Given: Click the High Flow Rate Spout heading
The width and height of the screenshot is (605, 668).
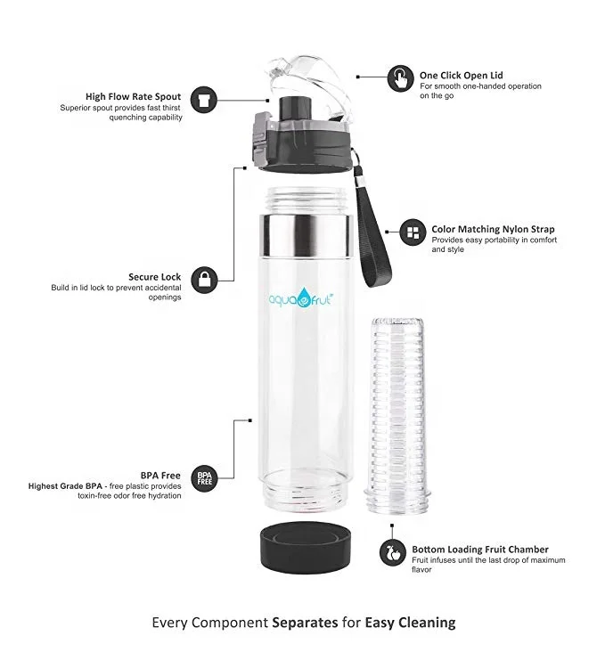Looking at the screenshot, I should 133,96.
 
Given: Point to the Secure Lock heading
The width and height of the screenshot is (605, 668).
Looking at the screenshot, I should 155,277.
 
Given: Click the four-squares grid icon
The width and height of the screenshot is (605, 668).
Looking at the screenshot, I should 412,233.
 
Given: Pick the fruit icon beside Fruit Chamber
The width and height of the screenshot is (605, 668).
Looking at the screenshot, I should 392,551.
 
